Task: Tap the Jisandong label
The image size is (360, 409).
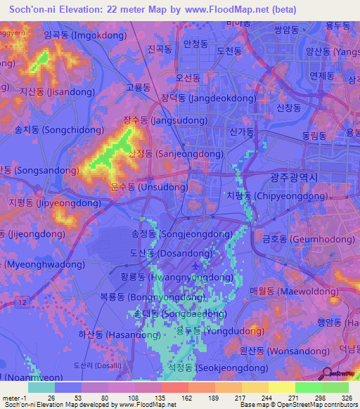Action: [53, 91]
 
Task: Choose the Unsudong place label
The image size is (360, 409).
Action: [148, 187]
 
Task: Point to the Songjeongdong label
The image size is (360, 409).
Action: [177, 233]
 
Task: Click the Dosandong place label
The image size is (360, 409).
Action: [166, 252]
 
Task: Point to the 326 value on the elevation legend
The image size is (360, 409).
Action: [335, 397]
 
